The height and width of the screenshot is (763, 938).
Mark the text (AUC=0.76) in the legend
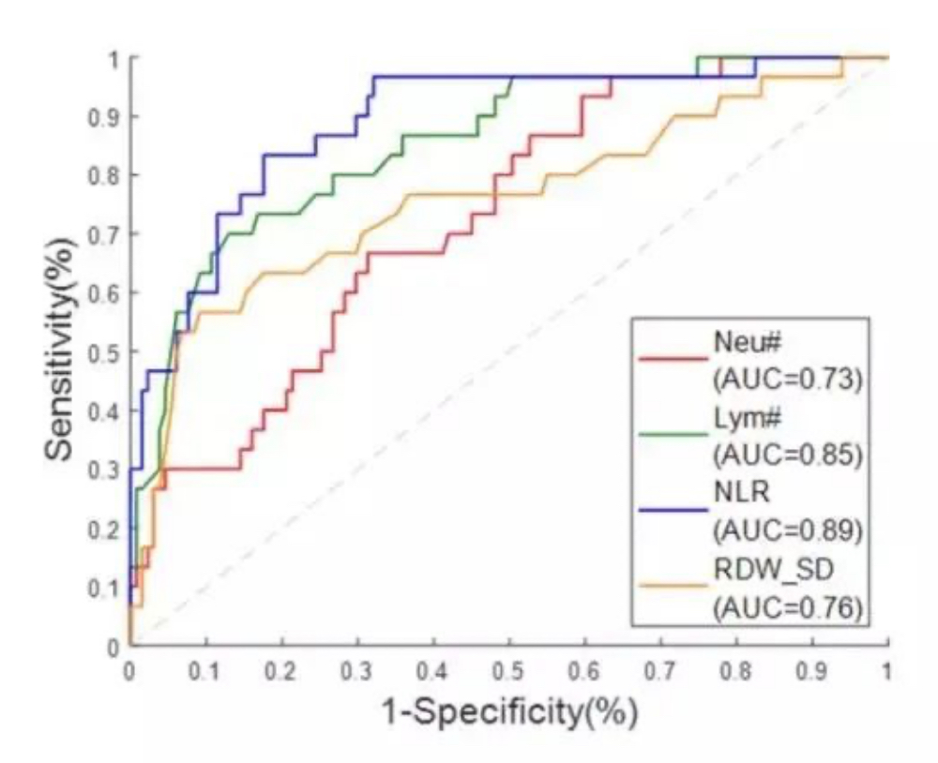tap(787, 607)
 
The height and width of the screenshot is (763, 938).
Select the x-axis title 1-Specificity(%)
tap(508, 713)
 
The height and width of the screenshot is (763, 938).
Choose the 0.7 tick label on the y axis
tap(103, 234)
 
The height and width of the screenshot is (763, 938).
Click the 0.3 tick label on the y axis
tap(103, 470)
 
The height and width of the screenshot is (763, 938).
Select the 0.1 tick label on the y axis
tap(103, 588)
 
